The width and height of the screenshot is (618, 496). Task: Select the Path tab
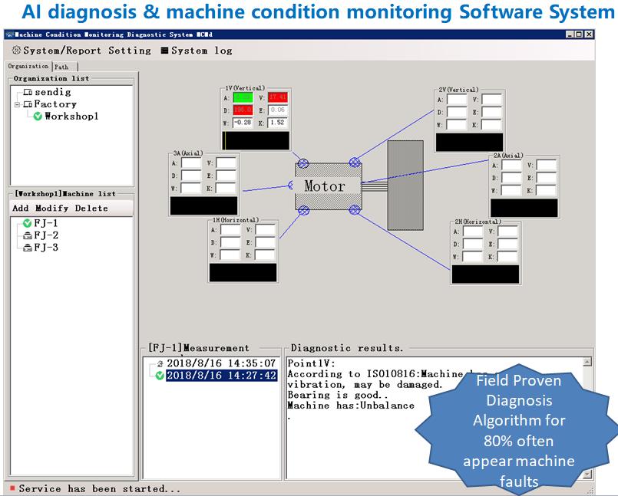[61, 67]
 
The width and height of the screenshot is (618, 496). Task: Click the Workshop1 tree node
[71, 117]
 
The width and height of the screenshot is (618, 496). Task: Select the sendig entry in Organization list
[52, 92]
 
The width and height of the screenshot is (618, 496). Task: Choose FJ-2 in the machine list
[45, 235]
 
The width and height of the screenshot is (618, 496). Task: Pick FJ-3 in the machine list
[45, 248]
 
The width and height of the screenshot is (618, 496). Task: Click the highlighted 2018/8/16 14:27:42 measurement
[221, 376]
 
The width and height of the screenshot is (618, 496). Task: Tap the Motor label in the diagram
[325, 186]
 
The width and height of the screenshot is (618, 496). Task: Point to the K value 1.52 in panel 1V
[278, 123]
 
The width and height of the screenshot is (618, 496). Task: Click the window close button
[589, 34]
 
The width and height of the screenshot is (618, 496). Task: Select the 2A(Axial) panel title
[507, 156]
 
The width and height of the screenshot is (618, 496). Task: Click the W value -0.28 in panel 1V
[243, 123]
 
